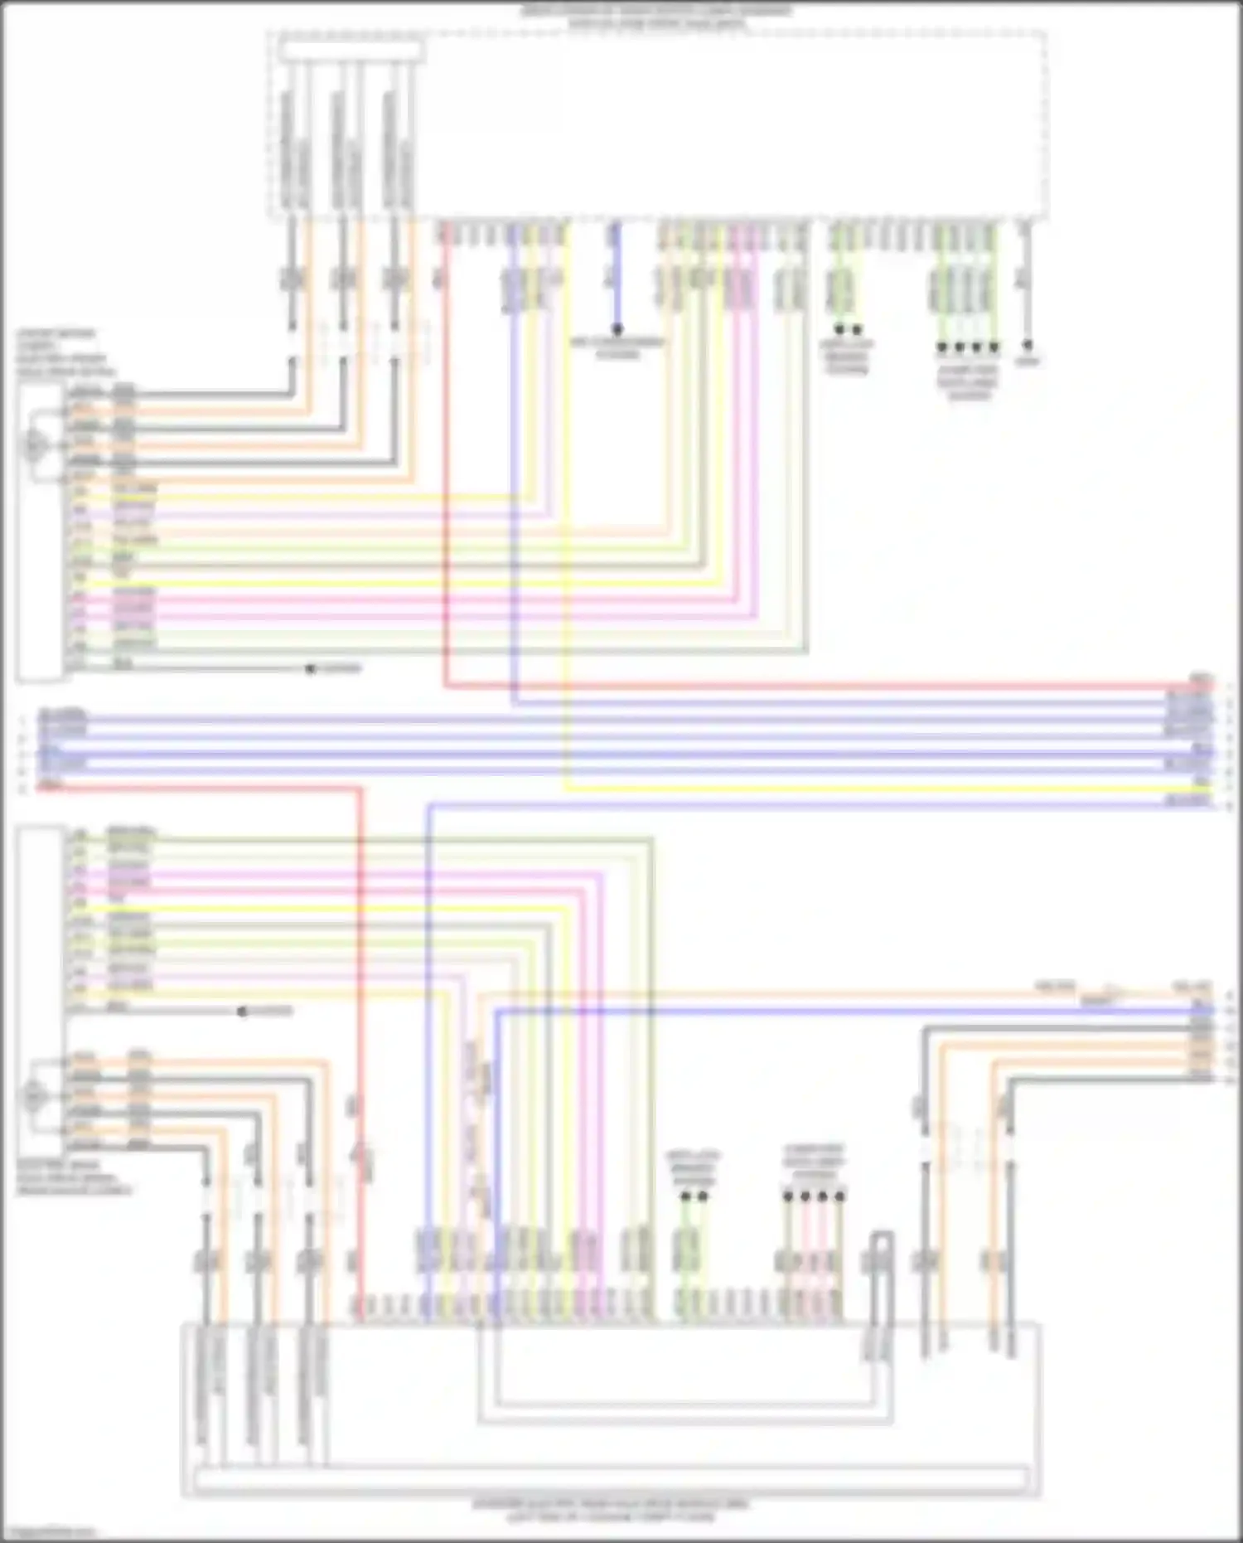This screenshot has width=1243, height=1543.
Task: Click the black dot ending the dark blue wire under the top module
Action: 617,329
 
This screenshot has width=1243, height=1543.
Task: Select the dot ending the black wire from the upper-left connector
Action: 311,668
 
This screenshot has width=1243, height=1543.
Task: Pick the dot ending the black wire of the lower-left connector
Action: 242,1012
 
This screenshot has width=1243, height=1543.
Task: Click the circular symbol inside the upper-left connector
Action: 34,446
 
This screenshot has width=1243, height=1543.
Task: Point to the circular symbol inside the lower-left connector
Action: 34,1097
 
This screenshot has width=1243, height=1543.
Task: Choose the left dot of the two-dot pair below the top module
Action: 839,329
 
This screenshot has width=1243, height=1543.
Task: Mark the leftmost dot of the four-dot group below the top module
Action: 941,346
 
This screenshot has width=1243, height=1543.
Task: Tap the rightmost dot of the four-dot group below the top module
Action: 994,346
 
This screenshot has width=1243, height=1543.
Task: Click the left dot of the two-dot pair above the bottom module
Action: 685,1196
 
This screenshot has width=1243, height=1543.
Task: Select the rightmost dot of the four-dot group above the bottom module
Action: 839,1196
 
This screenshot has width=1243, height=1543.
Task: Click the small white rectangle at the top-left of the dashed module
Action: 351,51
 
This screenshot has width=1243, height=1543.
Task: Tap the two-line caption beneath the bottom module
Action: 611,1511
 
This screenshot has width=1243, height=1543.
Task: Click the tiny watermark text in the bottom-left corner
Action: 48,1533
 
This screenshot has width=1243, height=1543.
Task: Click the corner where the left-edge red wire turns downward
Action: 360,789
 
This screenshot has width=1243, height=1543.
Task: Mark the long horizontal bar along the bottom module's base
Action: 612,1478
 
